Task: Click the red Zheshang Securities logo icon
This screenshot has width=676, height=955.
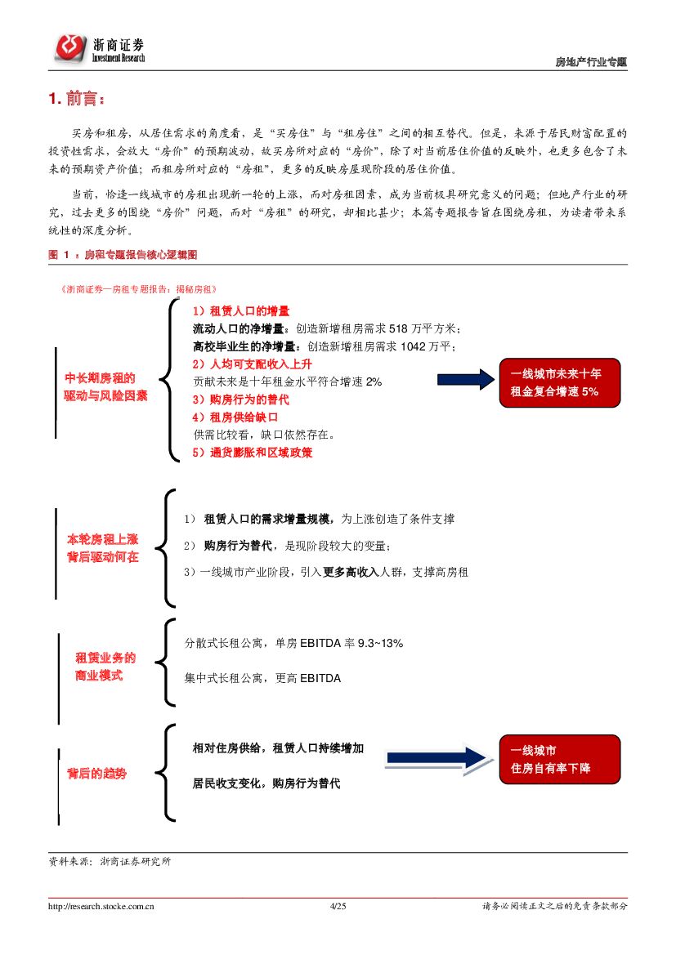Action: pos(70,48)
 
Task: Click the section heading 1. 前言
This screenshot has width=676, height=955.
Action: pos(77,100)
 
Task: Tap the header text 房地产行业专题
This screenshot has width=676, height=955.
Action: pos(591,62)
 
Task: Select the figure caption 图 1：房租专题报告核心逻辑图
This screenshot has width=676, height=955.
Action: pos(123,255)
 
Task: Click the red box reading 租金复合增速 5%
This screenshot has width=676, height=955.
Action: pos(560,382)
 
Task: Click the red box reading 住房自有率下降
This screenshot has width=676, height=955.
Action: pos(560,759)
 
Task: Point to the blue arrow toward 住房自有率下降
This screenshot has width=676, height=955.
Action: pos(437,759)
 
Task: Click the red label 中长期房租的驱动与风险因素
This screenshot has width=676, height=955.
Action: pos(106,386)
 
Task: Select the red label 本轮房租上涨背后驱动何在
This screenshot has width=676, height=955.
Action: pos(103,548)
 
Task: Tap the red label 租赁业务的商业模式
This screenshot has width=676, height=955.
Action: pos(105,667)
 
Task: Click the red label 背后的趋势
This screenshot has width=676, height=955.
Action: pos(96,773)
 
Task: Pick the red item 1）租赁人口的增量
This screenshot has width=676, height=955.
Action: pos(241,311)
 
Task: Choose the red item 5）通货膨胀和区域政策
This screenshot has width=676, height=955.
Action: pos(253,452)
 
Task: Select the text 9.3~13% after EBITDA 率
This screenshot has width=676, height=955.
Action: pos(380,644)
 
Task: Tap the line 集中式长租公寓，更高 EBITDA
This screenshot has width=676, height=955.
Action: pos(262,678)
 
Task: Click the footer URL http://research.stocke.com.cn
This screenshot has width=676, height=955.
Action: pos(102,906)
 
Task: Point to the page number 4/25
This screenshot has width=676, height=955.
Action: pos(338,906)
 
